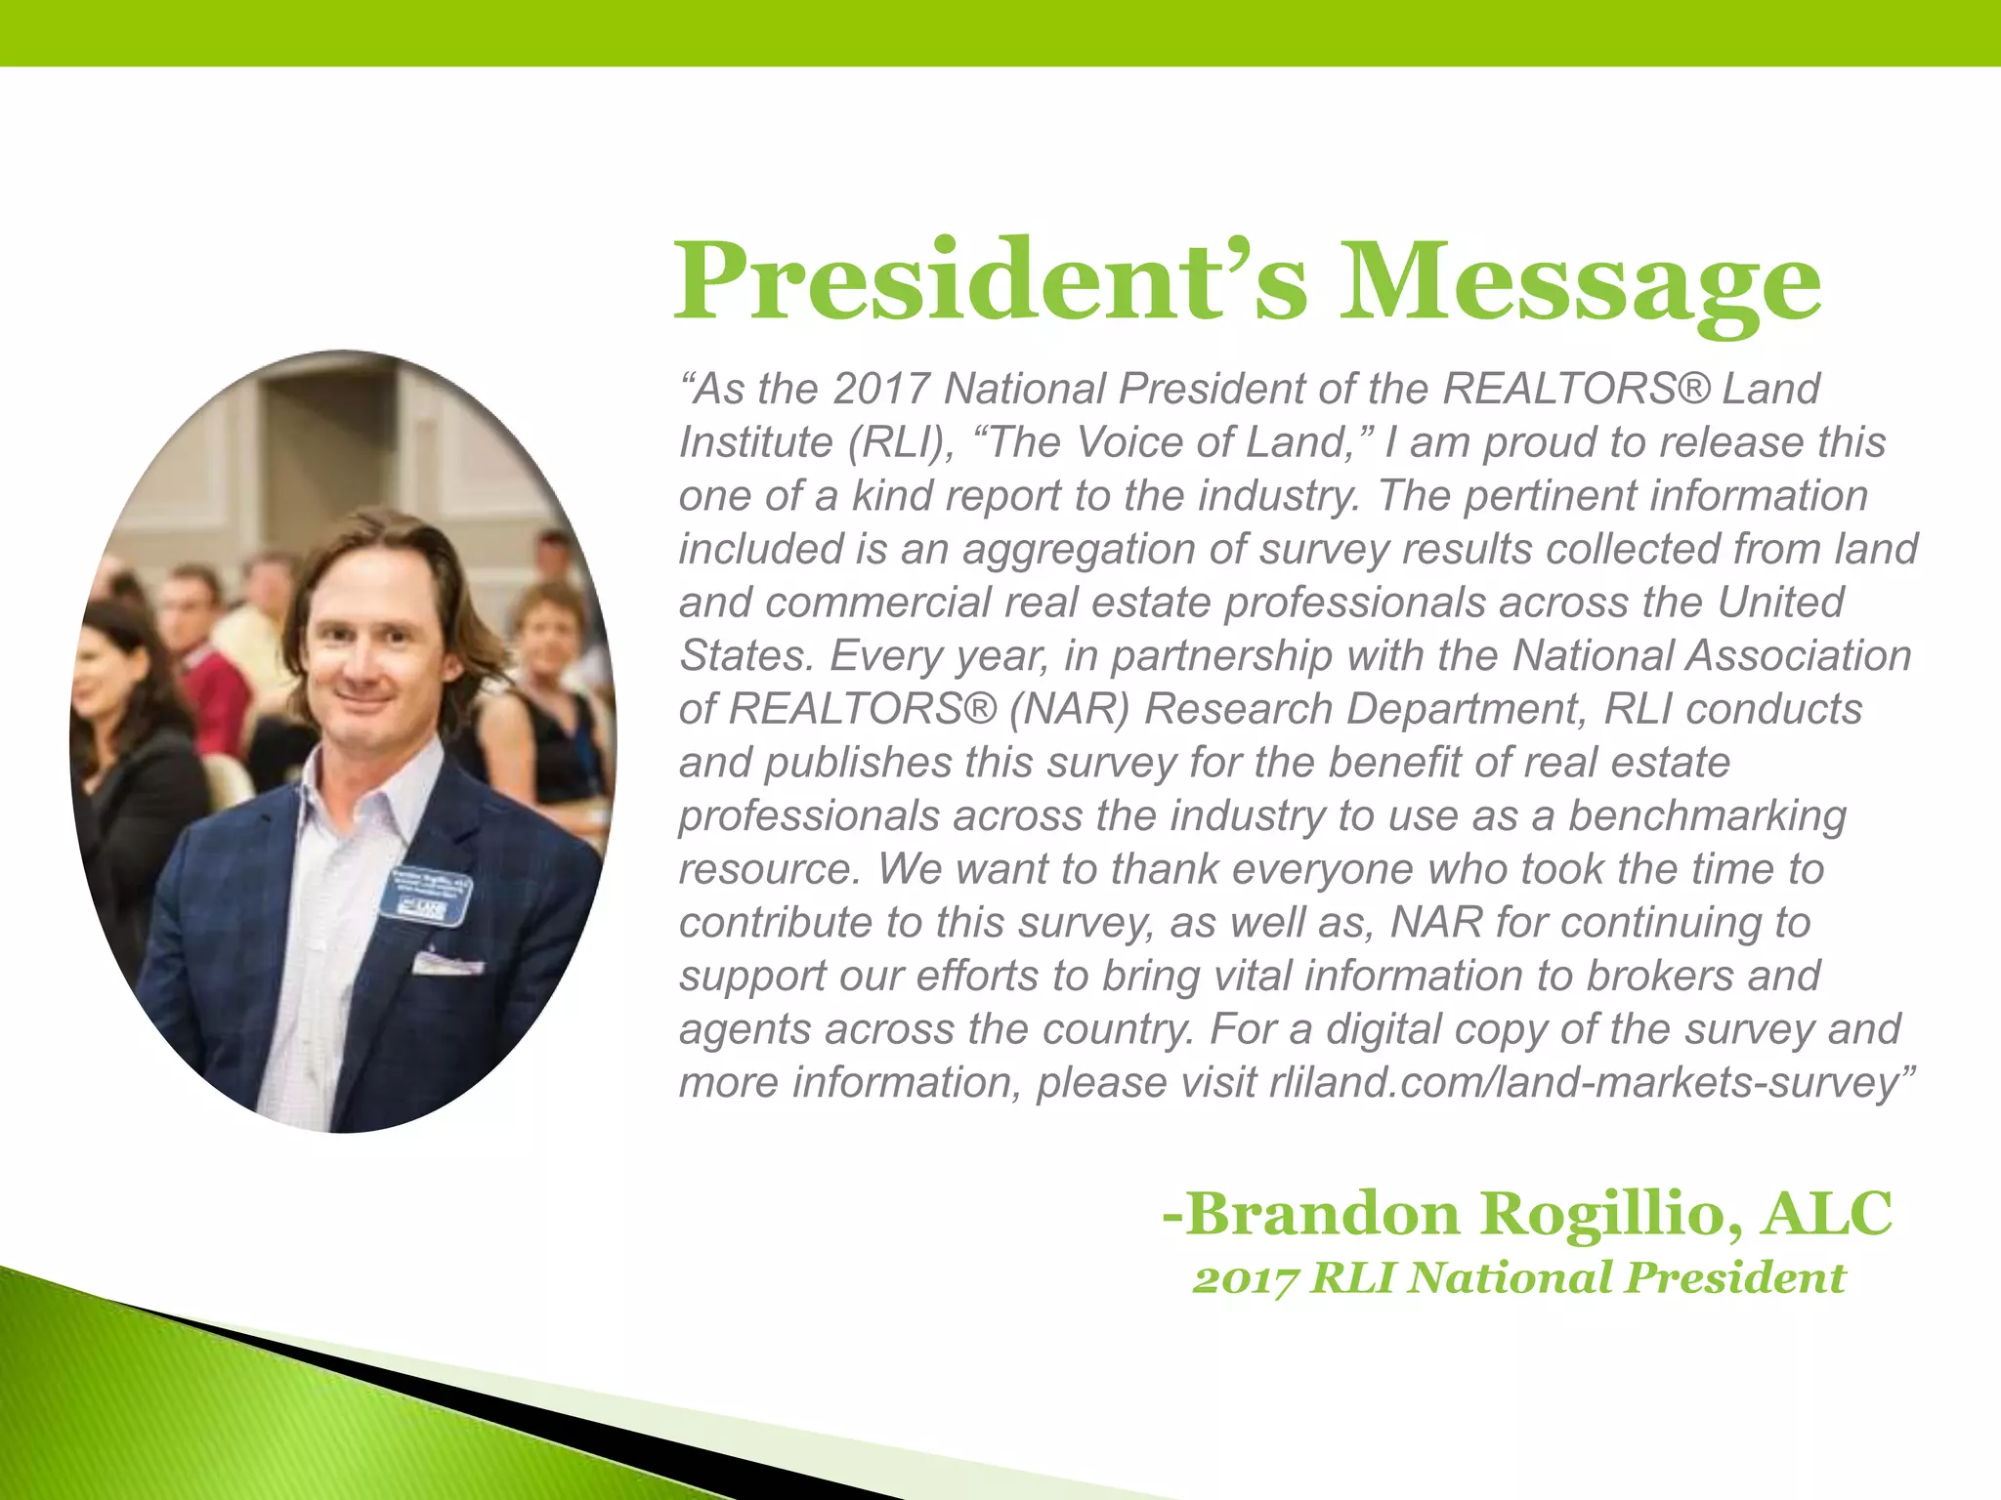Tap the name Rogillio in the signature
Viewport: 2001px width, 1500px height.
point(1610,1214)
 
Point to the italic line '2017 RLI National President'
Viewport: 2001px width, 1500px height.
point(1518,1278)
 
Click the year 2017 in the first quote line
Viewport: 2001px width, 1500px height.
point(880,389)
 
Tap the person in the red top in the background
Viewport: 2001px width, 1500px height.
point(215,684)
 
